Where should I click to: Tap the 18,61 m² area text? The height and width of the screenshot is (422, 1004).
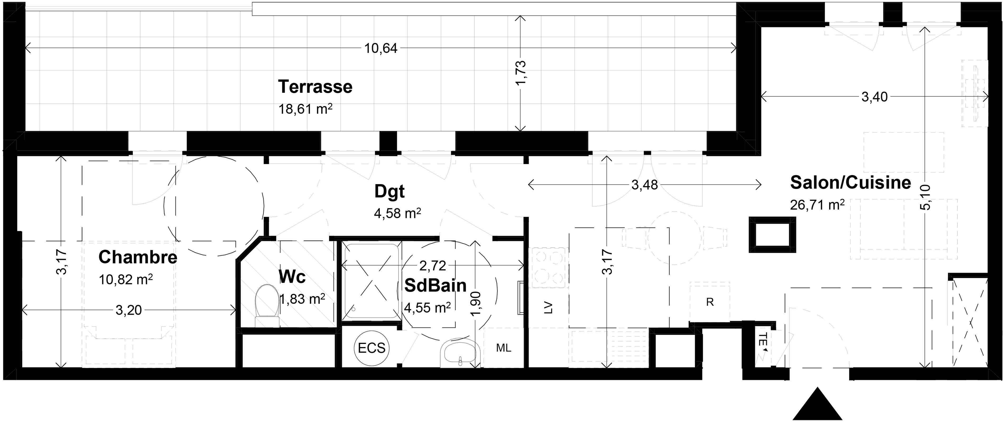click(305, 109)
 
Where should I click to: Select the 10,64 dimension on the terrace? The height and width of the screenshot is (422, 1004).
click(381, 48)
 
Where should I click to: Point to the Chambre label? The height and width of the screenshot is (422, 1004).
click(138, 257)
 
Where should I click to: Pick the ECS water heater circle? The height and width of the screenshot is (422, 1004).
click(372, 348)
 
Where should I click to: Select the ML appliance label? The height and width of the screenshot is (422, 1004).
click(503, 348)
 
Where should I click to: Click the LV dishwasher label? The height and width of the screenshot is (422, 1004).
click(548, 308)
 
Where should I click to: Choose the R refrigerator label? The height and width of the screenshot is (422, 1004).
click(710, 302)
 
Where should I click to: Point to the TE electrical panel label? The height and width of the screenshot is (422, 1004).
click(763, 339)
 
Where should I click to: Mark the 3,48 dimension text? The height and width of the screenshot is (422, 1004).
click(644, 185)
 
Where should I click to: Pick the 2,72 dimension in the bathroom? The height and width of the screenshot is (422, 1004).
click(433, 266)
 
